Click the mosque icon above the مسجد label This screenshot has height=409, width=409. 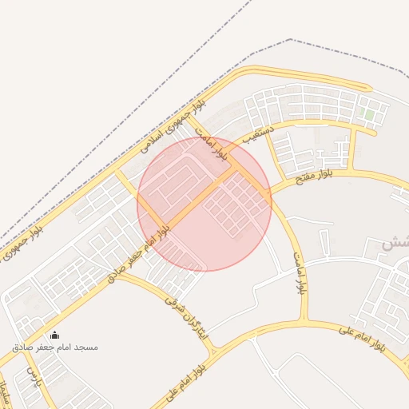coord(54,335)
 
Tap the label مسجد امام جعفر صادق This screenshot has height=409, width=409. coord(55,347)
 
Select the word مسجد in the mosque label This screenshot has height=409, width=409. coord(84,347)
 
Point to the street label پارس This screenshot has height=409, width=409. coord(33,376)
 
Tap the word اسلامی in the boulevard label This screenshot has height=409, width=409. coord(151,142)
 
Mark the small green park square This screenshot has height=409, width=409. coord(369,114)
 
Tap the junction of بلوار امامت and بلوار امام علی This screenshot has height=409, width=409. coord(307,321)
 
